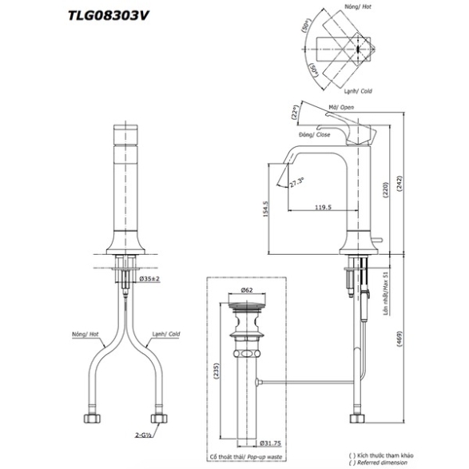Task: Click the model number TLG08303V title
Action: [x=109, y=16]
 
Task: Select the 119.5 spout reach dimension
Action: [x=323, y=207]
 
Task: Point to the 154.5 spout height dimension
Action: [x=266, y=209]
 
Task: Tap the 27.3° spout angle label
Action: [x=296, y=182]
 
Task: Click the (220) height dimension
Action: [x=385, y=190]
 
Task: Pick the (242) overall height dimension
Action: [x=399, y=184]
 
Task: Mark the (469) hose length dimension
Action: [x=399, y=339]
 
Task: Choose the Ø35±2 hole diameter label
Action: [x=149, y=279]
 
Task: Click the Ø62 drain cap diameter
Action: [x=247, y=290]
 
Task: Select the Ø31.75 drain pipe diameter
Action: [x=270, y=443]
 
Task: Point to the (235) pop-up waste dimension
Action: [x=217, y=372]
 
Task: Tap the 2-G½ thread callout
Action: [x=142, y=435]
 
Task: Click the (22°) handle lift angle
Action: [x=295, y=112]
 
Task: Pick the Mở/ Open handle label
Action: [x=341, y=107]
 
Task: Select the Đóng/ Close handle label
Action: [x=314, y=134]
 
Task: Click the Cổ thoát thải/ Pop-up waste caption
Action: [x=246, y=457]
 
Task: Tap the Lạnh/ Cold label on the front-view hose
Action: [x=166, y=334]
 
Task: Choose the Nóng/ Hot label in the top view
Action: [x=358, y=6]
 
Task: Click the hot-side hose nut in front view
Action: [x=92, y=418]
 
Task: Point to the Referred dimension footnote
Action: [x=379, y=463]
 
